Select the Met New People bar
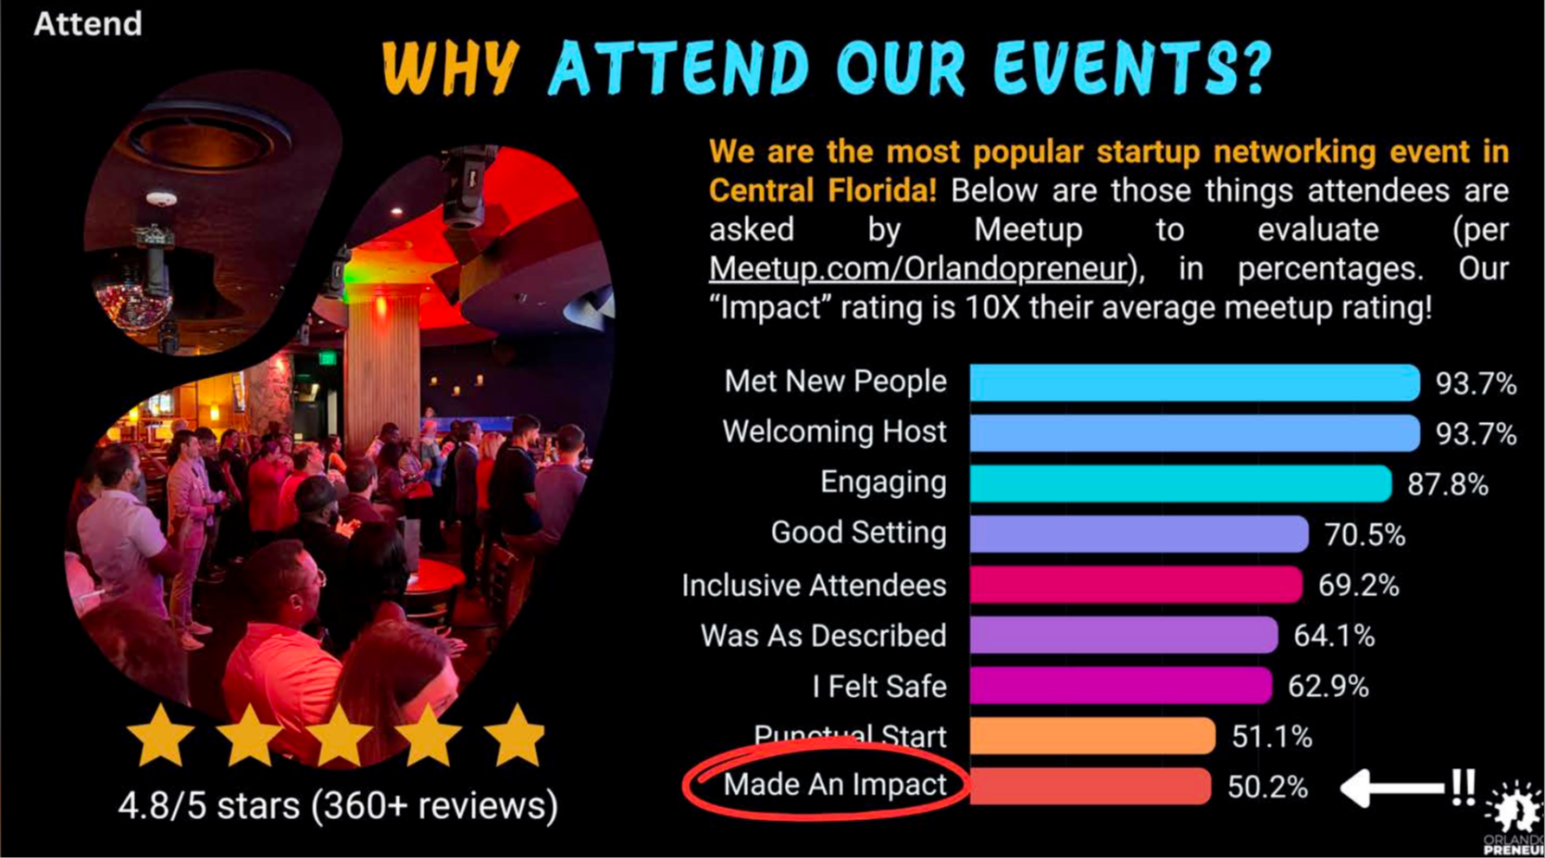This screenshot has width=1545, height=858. [1194, 383]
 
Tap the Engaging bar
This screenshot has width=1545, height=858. [1181, 483]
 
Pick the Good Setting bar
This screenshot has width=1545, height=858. [1139, 534]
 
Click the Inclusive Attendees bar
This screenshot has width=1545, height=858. [1136, 584]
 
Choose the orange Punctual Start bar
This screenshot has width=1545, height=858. [1092, 736]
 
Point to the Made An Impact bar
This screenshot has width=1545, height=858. [1090, 787]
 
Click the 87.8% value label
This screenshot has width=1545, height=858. [1448, 485]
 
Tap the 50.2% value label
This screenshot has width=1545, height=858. [1267, 788]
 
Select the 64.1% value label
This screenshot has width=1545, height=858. [1334, 636]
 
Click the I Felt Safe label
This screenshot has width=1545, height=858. [879, 687]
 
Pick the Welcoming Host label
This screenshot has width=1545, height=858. [835, 432]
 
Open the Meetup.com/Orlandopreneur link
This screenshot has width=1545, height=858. [918, 269]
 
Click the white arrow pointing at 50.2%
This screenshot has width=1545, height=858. [1392, 788]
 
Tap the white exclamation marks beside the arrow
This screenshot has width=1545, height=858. [1463, 787]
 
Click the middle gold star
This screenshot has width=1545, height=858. [339, 736]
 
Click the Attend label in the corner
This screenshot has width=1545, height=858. [88, 24]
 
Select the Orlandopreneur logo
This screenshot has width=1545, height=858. [1514, 817]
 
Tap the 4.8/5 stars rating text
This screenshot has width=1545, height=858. [338, 805]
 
